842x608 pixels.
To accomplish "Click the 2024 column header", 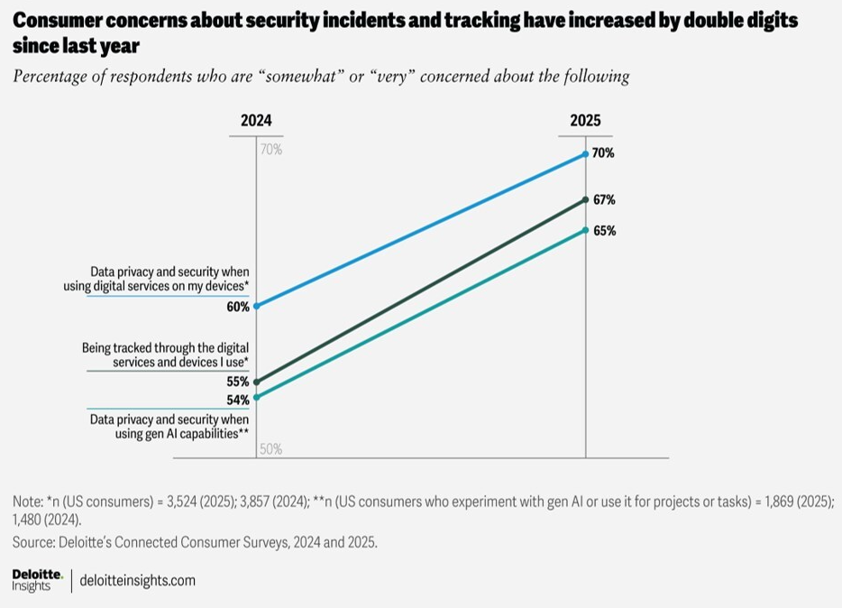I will (256, 121).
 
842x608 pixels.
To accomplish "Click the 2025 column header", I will (585, 121).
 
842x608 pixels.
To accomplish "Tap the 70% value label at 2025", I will (604, 153).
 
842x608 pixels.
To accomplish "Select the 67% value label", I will (604, 199).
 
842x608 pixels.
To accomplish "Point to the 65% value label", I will (604, 231).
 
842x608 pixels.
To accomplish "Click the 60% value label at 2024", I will (238, 307).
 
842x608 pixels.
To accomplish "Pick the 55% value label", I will (238, 382).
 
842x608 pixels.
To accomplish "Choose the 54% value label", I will (238, 400).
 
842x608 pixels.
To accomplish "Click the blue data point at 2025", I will (586, 154).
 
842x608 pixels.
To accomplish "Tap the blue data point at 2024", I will (256, 306).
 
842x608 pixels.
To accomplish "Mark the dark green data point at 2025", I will (586, 199).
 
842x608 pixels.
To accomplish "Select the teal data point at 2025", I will (586, 230).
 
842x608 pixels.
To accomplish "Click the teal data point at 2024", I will (256, 397).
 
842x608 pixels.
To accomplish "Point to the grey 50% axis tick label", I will (270, 449).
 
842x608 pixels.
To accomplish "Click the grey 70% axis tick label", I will (270, 150).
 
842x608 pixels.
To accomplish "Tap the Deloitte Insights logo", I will (37, 579).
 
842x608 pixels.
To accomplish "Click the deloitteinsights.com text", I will (138, 580).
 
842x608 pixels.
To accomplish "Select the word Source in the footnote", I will (34, 542).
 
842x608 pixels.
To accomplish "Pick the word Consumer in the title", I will (56, 20).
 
